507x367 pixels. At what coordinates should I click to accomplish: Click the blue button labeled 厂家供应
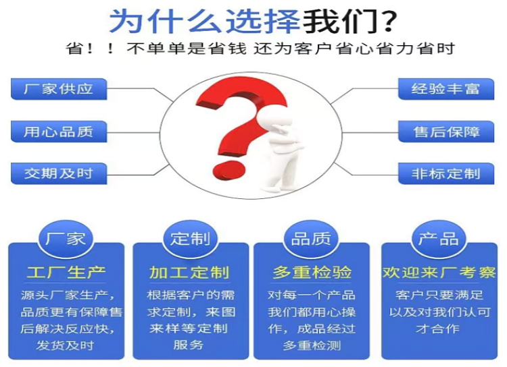tap(59, 89)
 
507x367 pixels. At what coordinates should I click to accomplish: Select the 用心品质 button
tap(59, 132)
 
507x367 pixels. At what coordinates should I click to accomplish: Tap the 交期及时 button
tap(59, 173)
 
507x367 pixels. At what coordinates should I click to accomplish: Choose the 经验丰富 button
tap(446, 89)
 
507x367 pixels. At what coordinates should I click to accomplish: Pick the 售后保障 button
tap(446, 132)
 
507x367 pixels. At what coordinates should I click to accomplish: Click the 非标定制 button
tap(446, 173)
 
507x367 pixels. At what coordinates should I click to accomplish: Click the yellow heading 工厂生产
tap(66, 273)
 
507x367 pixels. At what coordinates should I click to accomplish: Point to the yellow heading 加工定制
tap(189, 273)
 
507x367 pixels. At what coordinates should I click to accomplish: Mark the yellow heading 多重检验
tap(312, 273)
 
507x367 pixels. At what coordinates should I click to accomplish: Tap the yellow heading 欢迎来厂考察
tap(439, 273)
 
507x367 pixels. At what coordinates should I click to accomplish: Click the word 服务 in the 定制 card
tap(188, 345)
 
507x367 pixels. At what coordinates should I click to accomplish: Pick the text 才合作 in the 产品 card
tap(438, 329)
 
